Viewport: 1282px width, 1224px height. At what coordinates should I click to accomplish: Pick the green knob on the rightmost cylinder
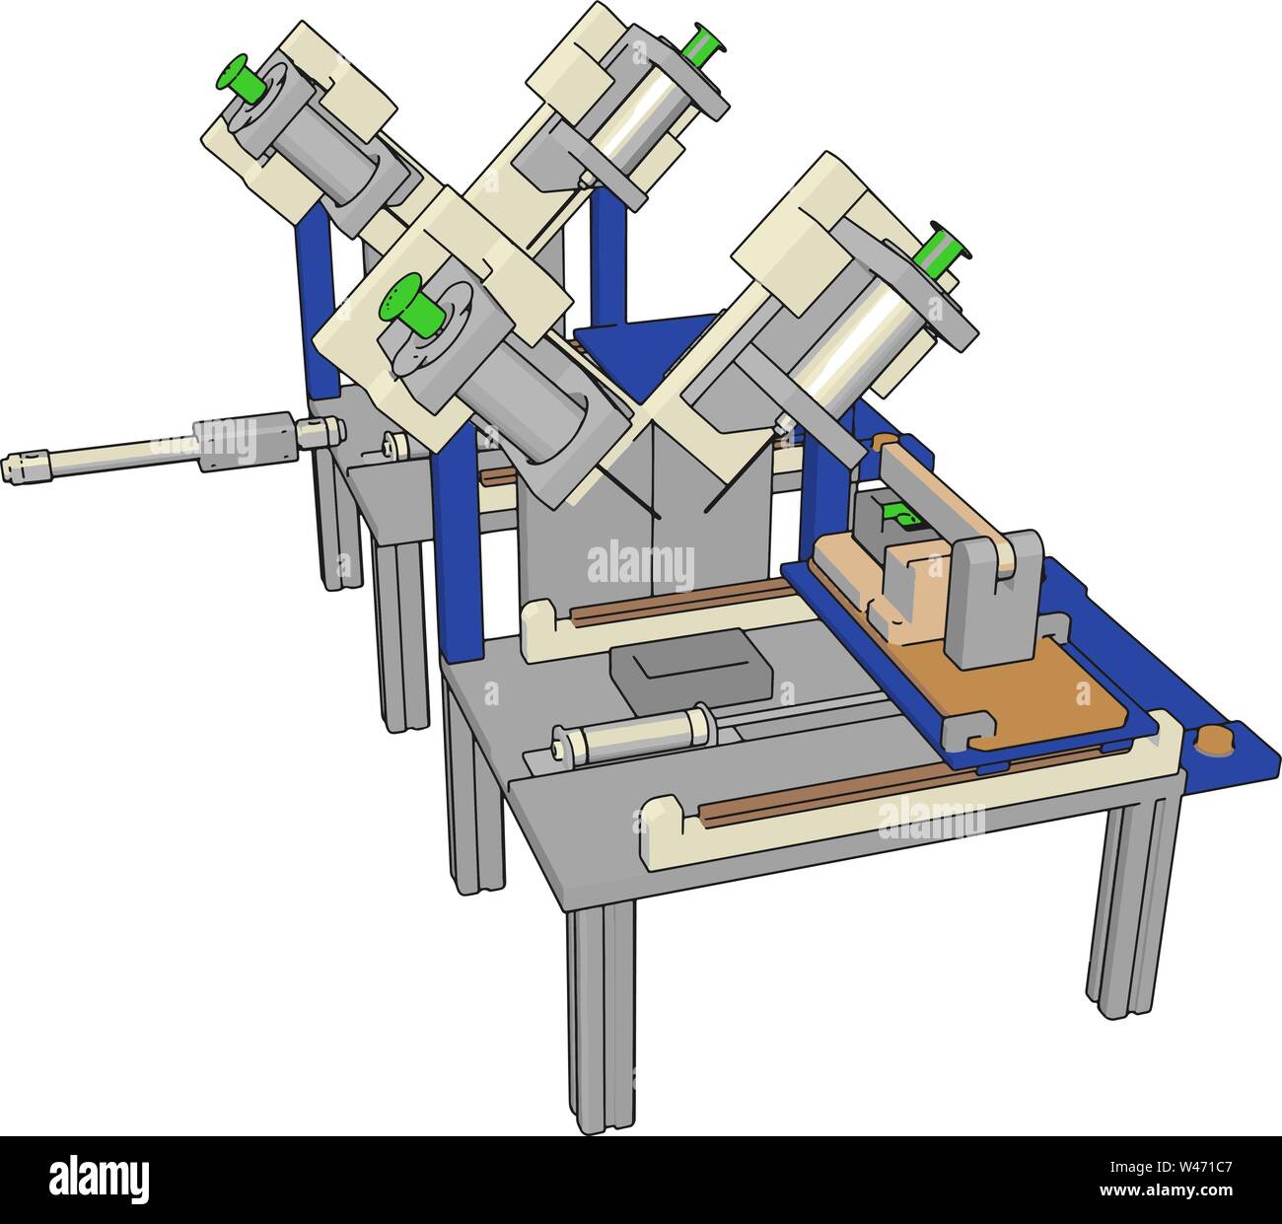(941, 247)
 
